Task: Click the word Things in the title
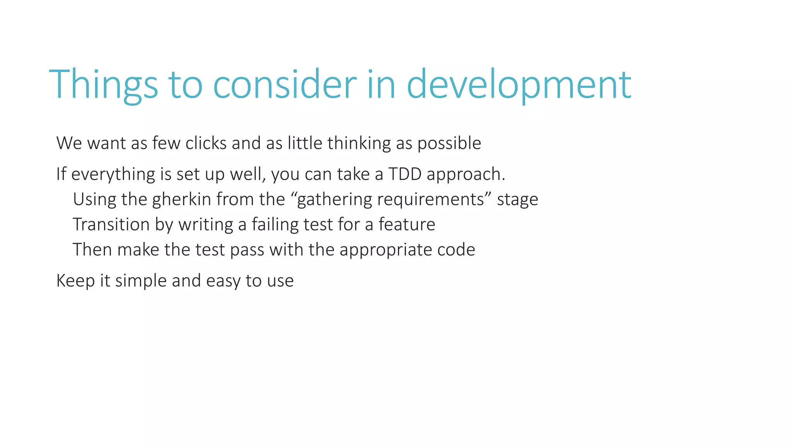(104, 84)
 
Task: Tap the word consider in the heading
(285, 84)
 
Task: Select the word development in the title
(519, 84)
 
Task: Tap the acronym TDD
(405, 174)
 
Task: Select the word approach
(466, 174)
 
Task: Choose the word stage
(517, 199)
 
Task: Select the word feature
(407, 225)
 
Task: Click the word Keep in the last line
(75, 281)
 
